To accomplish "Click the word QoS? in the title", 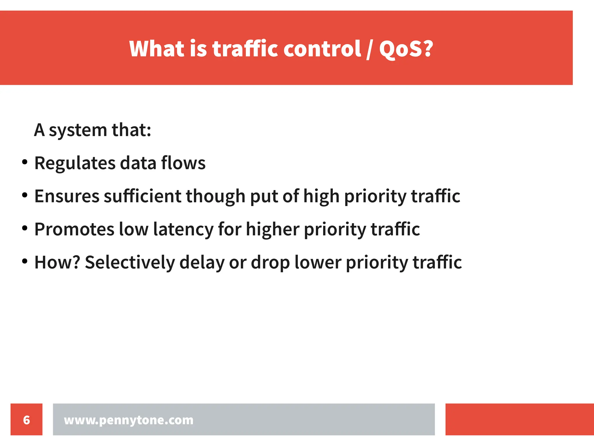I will pos(406,49).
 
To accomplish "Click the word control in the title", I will pos(322,49).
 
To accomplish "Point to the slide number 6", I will pos(26,420).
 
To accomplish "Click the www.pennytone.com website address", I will pos(128,420).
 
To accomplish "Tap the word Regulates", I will pos(75,163).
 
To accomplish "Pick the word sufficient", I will pos(142,196).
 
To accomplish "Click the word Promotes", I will pos(74,229).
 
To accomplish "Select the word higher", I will pos(272,229).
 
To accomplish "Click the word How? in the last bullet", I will pos(57,262).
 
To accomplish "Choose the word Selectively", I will pos(130,262).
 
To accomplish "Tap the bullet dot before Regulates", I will pos(25,162).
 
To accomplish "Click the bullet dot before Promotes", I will pos(25,228).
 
